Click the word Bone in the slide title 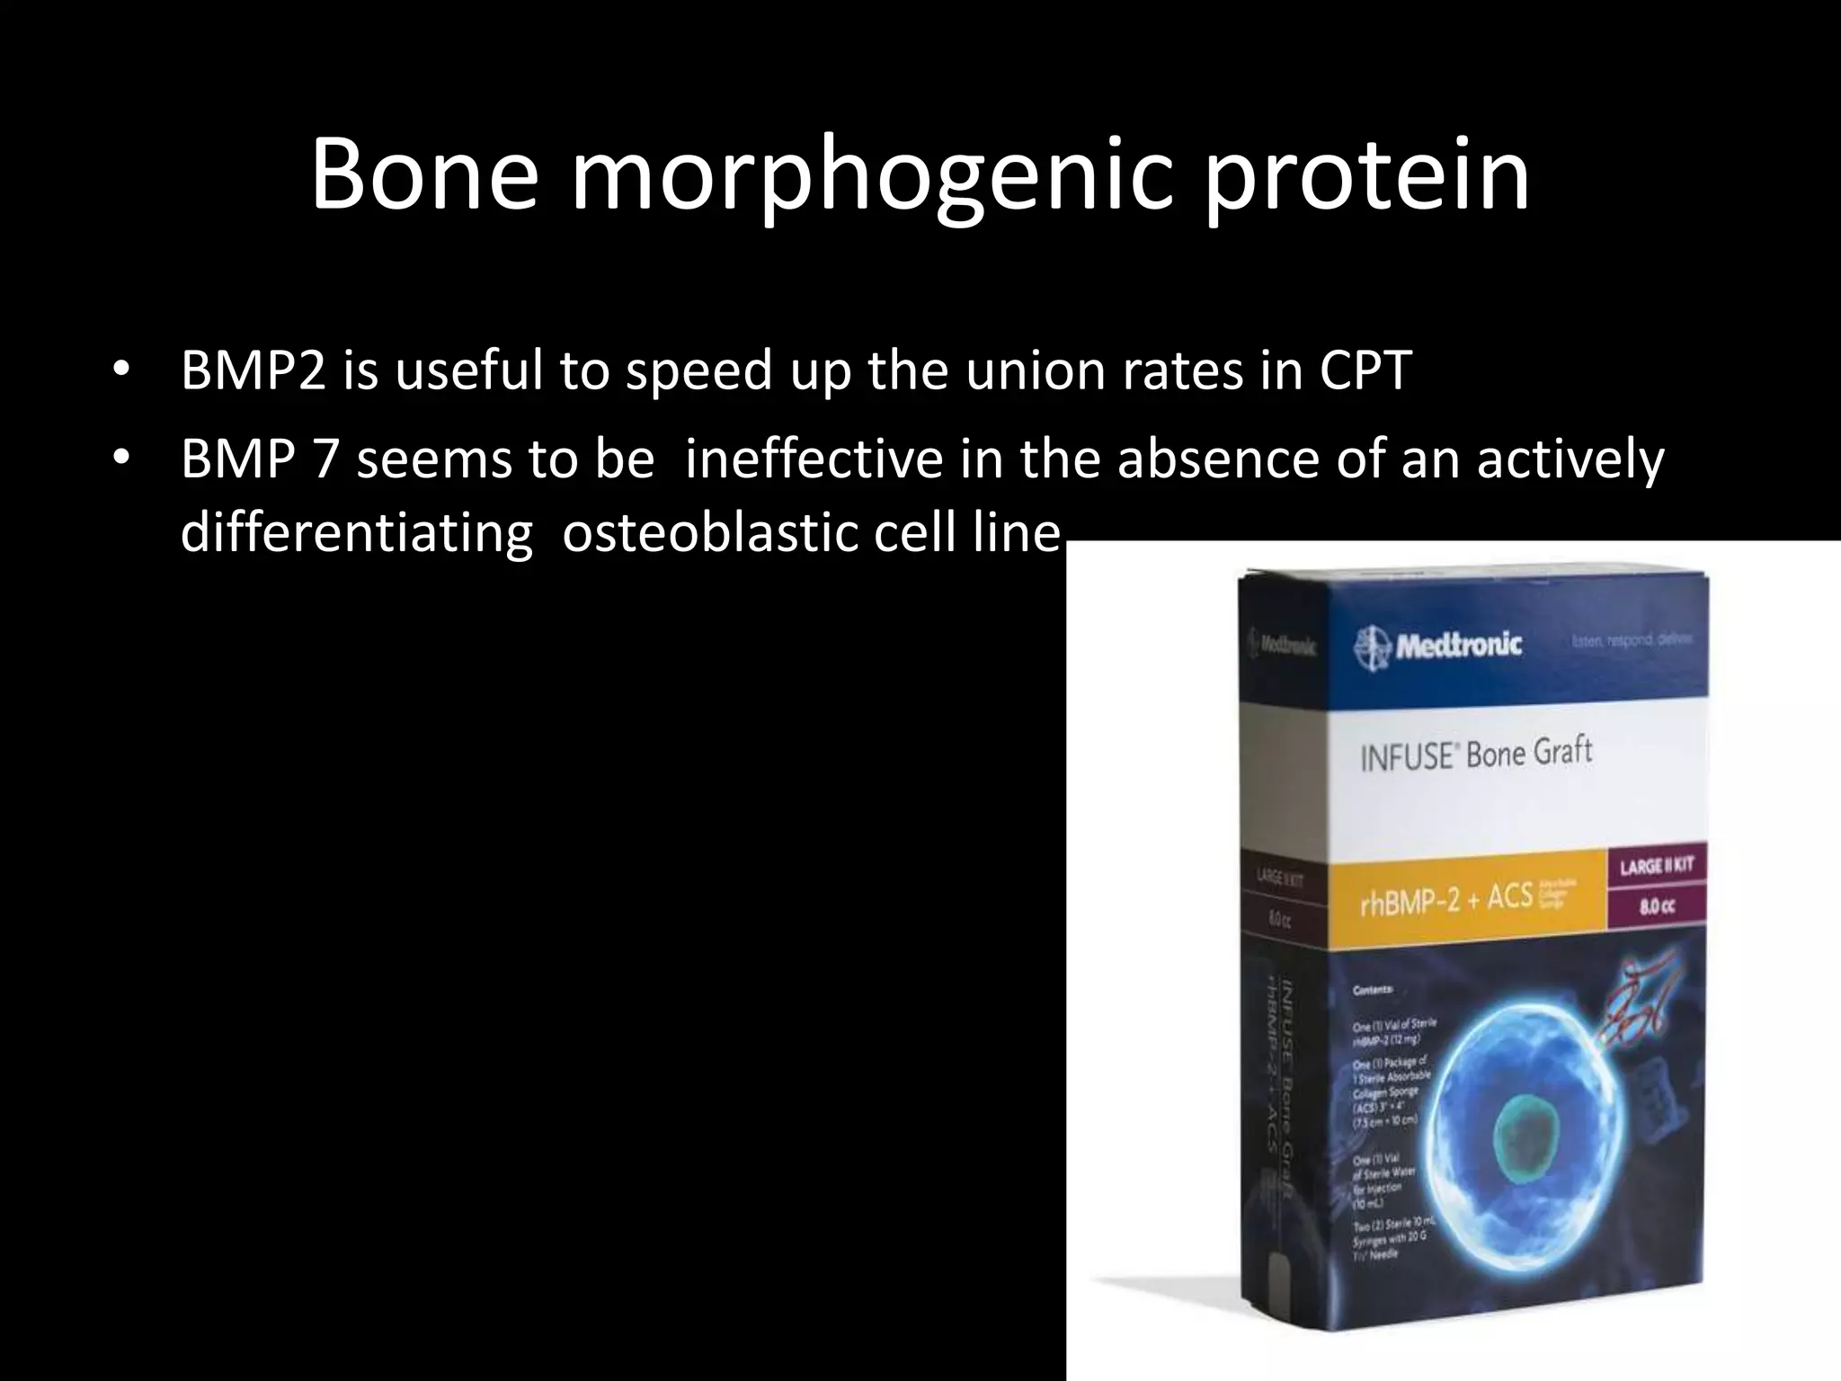coord(422,175)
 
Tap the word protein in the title coord(1366,175)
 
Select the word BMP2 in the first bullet coord(252,370)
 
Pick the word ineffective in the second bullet coord(814,459)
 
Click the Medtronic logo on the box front coord(1438,645)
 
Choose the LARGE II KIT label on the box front coord(1657,866)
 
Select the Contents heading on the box coord(1373,990)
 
